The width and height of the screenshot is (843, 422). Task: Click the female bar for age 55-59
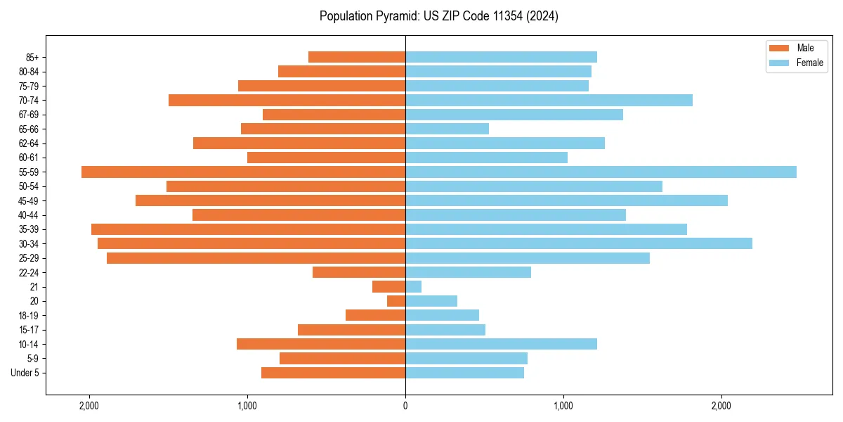601,172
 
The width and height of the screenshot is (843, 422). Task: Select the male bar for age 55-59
243,172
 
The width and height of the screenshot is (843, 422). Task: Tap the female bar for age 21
414,287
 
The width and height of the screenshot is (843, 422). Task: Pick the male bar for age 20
396,301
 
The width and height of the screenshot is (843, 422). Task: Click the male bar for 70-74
287,101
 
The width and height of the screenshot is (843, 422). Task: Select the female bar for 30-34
579,243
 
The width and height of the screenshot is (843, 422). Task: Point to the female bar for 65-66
447,129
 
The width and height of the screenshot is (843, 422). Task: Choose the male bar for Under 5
333,373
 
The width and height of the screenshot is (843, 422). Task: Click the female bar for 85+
501,57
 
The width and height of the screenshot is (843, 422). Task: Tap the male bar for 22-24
359,272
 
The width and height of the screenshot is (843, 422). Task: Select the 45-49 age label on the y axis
28,201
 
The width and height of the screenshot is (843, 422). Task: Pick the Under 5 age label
25,373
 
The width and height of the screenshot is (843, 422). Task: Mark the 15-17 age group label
28,330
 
